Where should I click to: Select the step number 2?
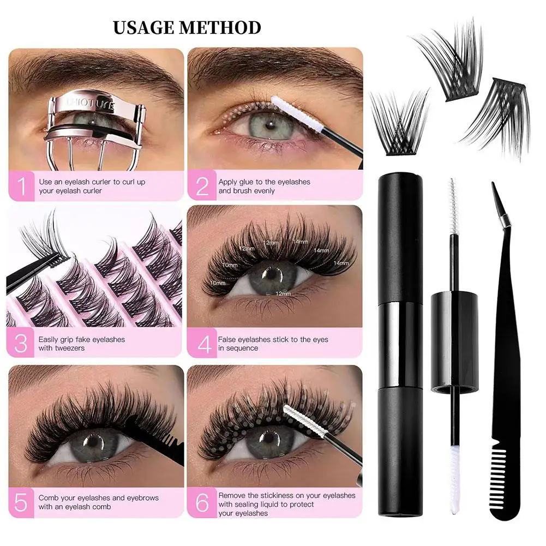[202, 186]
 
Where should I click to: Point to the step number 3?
[21, 344]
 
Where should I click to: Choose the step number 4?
[202, 344]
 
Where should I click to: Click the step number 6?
[202, 502]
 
